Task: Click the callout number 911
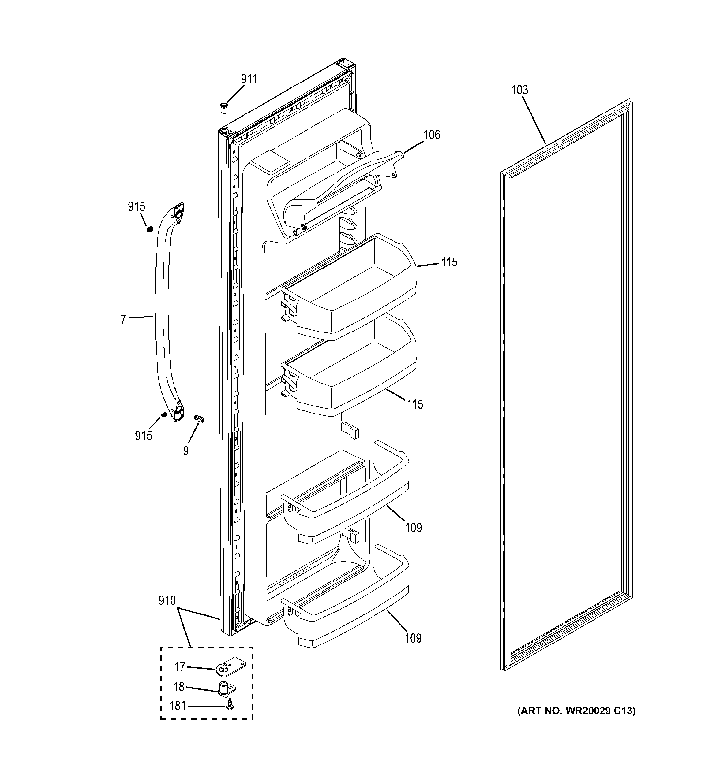click(x=249, y=79)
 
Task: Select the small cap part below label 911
click(x=224, y=108)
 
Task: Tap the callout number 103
click(x=519, y=90)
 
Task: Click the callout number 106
click(x=432, y=135)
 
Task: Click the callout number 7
click(x=123, y=319)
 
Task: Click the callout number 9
click(x=185, y=451)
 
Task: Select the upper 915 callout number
click(x=136, y=207)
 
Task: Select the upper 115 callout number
click(x=449, y=262)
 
